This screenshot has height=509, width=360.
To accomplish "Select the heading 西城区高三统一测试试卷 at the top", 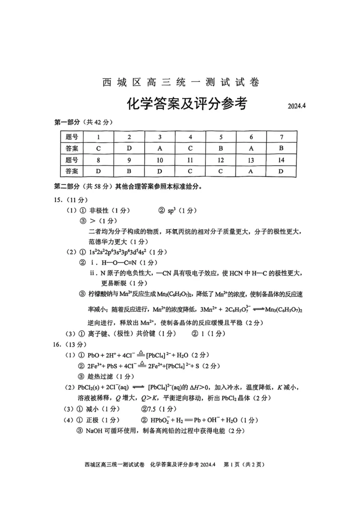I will point(181,82).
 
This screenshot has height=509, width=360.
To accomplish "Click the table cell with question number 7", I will point(281,137).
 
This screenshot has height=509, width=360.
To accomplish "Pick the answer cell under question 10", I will point(159,171).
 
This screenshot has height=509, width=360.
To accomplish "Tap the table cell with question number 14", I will point(281,160).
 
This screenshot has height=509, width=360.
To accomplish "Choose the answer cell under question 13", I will point(251,171).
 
